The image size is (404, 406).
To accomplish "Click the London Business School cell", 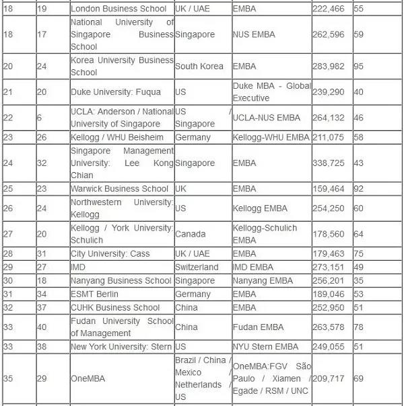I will [119, 9].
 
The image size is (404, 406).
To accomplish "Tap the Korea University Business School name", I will [122, 66].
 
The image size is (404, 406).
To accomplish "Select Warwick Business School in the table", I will [120, 189].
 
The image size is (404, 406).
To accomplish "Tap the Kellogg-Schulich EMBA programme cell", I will [265, 234].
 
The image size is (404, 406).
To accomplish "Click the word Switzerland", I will [197, 267].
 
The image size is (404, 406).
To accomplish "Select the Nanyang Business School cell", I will [121, 280].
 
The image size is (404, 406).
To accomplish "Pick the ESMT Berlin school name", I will [94, 294].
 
